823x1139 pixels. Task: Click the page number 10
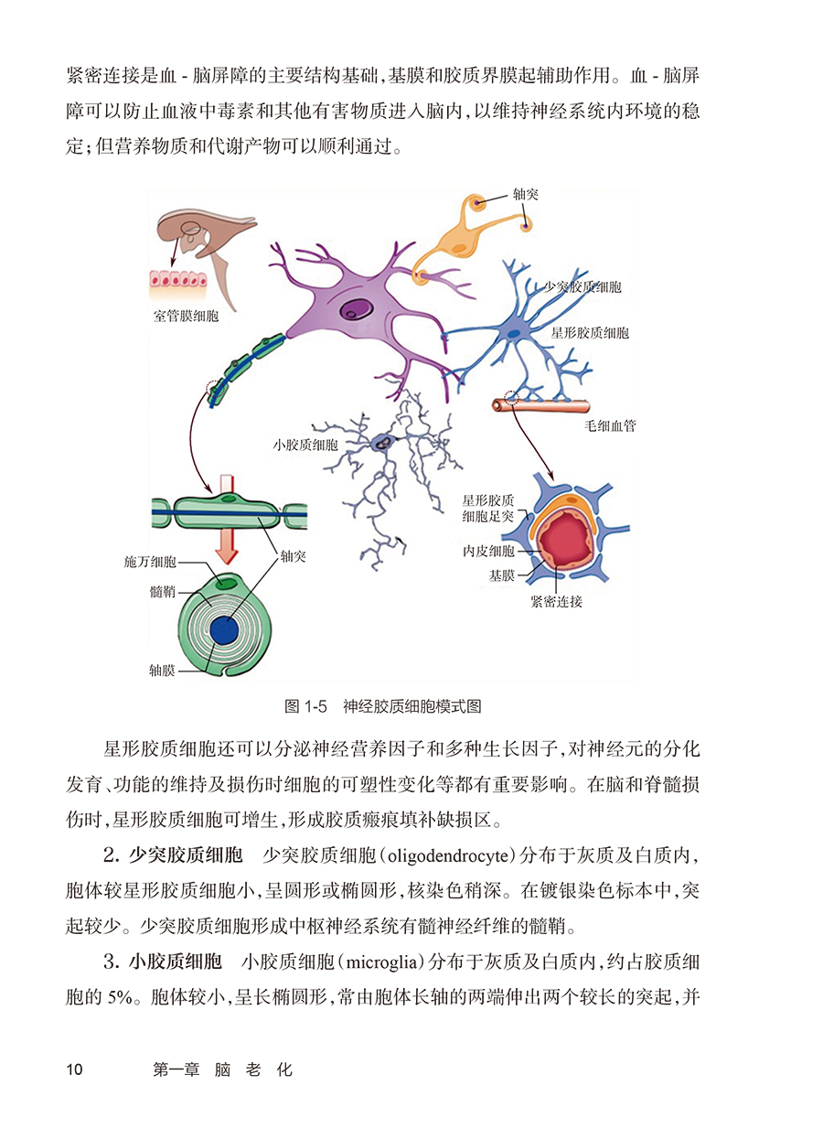click(x=75, y=1069)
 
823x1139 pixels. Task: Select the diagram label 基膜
click(x=501, y=575)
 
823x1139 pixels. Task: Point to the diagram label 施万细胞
click(x=150, y=560)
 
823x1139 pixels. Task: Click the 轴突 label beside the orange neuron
click(x=526, y=196)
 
